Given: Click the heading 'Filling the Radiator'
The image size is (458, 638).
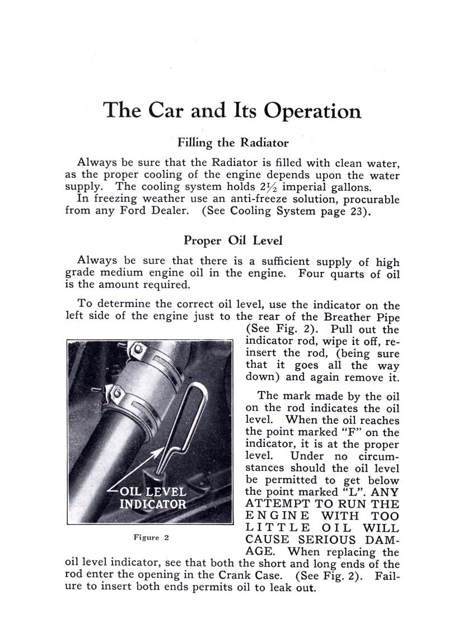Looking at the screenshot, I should coord(233,142).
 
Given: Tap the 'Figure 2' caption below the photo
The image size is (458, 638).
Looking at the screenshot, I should coord(151,538).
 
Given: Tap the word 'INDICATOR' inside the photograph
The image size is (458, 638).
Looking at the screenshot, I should coord(153,504).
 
